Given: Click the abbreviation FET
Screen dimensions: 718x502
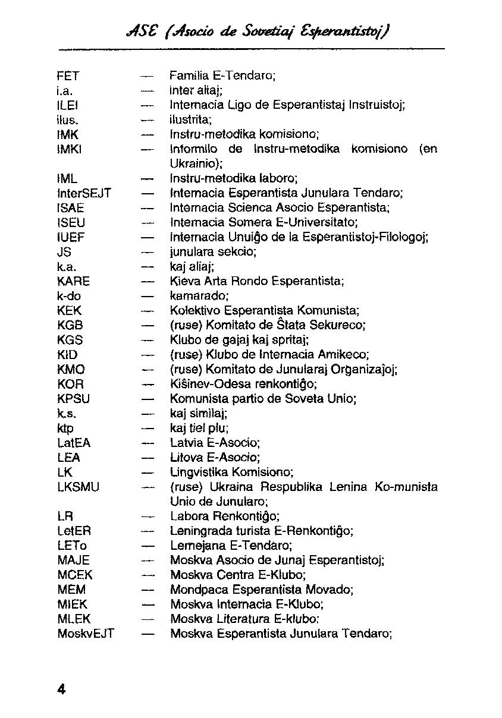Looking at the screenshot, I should pos(68,76).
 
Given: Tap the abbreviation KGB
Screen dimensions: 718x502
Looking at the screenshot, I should pos(70,326).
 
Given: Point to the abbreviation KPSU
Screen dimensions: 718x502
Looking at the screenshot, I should pos(74,399).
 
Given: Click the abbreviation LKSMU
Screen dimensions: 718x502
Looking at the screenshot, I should pos(78,487).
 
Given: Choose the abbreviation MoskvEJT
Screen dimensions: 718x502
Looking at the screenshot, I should pos(86,634).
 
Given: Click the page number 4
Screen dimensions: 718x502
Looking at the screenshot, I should pos(61,689).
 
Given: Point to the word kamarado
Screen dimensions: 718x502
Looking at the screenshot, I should pos(199,296).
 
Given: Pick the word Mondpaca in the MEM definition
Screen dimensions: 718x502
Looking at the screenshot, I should pos(194,590).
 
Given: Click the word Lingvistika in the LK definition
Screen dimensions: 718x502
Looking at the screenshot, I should pos(199,473).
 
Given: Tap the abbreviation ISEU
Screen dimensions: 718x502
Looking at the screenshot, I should pos(71,223).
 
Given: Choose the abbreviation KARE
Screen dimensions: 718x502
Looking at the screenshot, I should pos(74,281).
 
